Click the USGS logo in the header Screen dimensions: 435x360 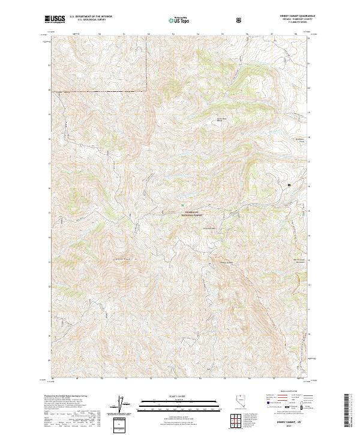point(55,19)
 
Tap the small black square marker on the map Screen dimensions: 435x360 point(289,185)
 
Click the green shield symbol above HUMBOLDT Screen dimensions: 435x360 point(183,206)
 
